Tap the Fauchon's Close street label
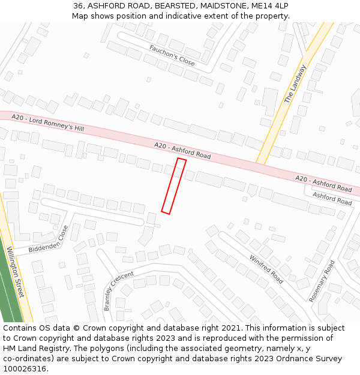click(x=172, y=55)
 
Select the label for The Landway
click(x=295, y=85)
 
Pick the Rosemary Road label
click(x=322, y=281)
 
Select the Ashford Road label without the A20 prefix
click(x=332, y=199)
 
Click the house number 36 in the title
click(x=79, y=5)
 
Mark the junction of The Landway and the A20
click(x=262, y=160)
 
